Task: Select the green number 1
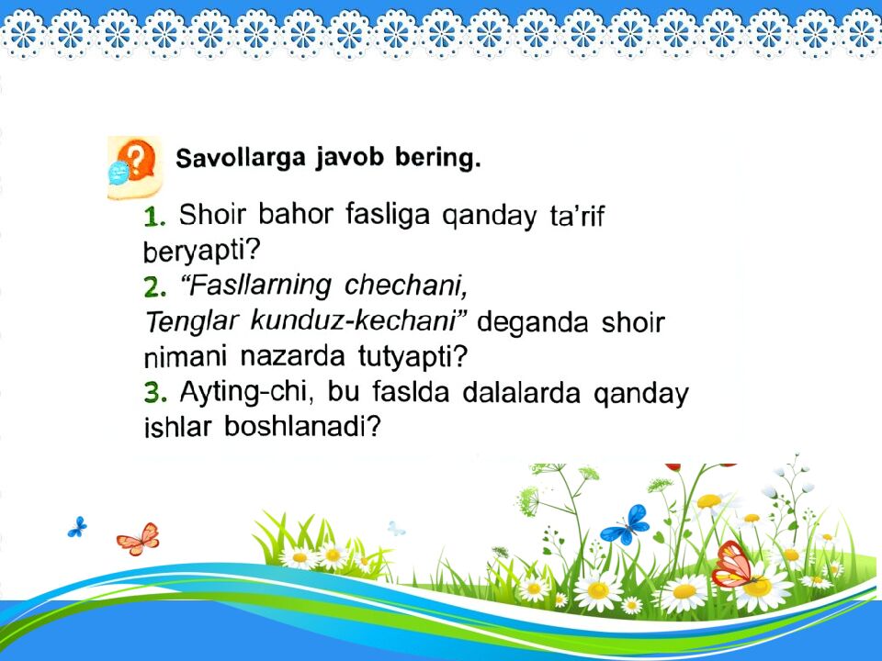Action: pyautogui.click(x=154, y=217)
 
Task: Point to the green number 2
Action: pyautogui.click(x=154, y=288)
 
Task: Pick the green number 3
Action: pyautogui.click(x=154, y=394)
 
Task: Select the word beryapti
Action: pyautogui.click(x=198, y=251)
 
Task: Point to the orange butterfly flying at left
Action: pyautogui.click(x=138, y=538)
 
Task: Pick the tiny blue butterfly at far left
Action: pyautogui.click(x=77, y=527)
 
